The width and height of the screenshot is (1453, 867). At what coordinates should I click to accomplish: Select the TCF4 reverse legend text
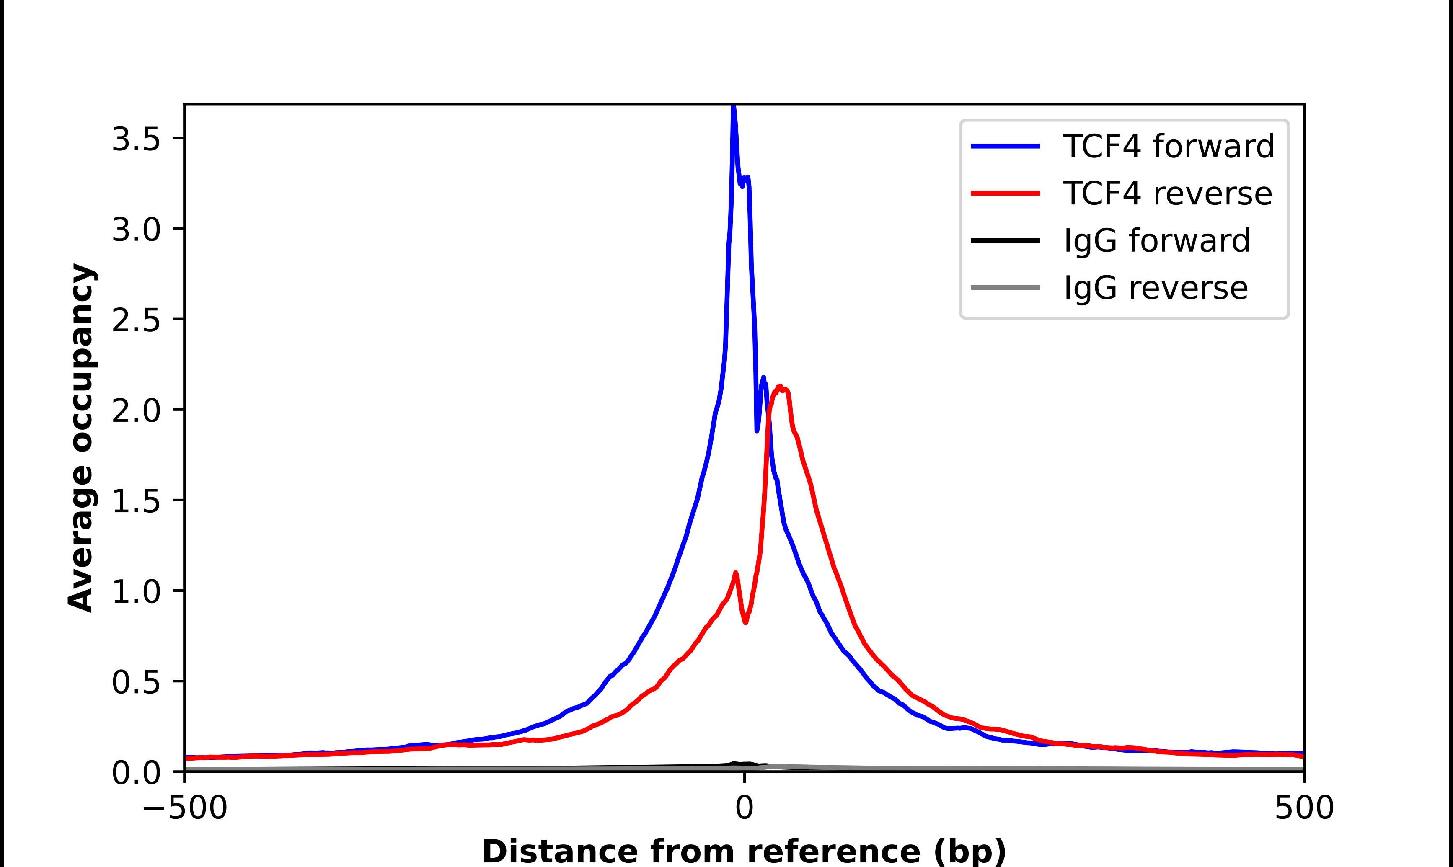coord(1167,194)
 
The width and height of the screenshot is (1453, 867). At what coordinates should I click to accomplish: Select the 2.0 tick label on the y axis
coord(136,411)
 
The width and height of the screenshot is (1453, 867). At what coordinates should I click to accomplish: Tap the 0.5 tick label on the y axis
coord(136,682)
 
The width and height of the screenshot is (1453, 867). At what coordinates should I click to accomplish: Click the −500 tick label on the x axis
coord(185,808)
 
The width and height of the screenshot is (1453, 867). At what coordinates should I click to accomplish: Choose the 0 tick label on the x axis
coord(744,808)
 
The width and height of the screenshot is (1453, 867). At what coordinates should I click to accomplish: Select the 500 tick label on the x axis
coord(1304,808)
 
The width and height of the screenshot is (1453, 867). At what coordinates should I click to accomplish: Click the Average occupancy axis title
coord(80,438)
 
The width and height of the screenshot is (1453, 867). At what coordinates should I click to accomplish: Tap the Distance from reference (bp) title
coord(744,851)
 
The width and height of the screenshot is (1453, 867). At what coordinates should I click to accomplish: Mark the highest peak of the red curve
coord(780,387)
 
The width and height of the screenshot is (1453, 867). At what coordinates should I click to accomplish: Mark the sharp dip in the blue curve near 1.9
coord(757,431)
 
